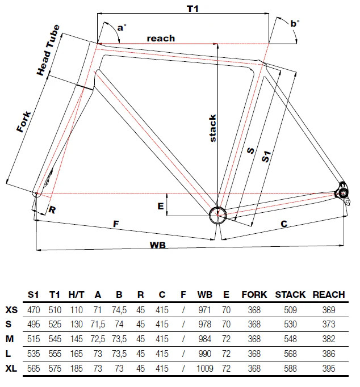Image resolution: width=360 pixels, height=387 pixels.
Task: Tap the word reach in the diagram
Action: pos(161,39)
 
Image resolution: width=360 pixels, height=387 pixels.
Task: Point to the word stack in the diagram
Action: pos(213,128)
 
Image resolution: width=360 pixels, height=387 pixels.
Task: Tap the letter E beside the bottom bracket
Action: pos(161,207)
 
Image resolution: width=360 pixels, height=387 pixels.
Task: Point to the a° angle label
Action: pos(121,27)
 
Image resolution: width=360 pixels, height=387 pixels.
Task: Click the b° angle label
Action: pos(295,23)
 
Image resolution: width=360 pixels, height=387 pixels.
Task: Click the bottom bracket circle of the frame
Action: pos(217,214)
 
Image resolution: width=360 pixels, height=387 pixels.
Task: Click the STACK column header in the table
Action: pos(290,295)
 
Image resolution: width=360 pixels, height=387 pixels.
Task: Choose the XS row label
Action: pos(11,310)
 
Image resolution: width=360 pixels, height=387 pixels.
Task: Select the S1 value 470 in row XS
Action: pos(34,310)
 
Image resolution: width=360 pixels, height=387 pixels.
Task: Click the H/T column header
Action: pos(76,295)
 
